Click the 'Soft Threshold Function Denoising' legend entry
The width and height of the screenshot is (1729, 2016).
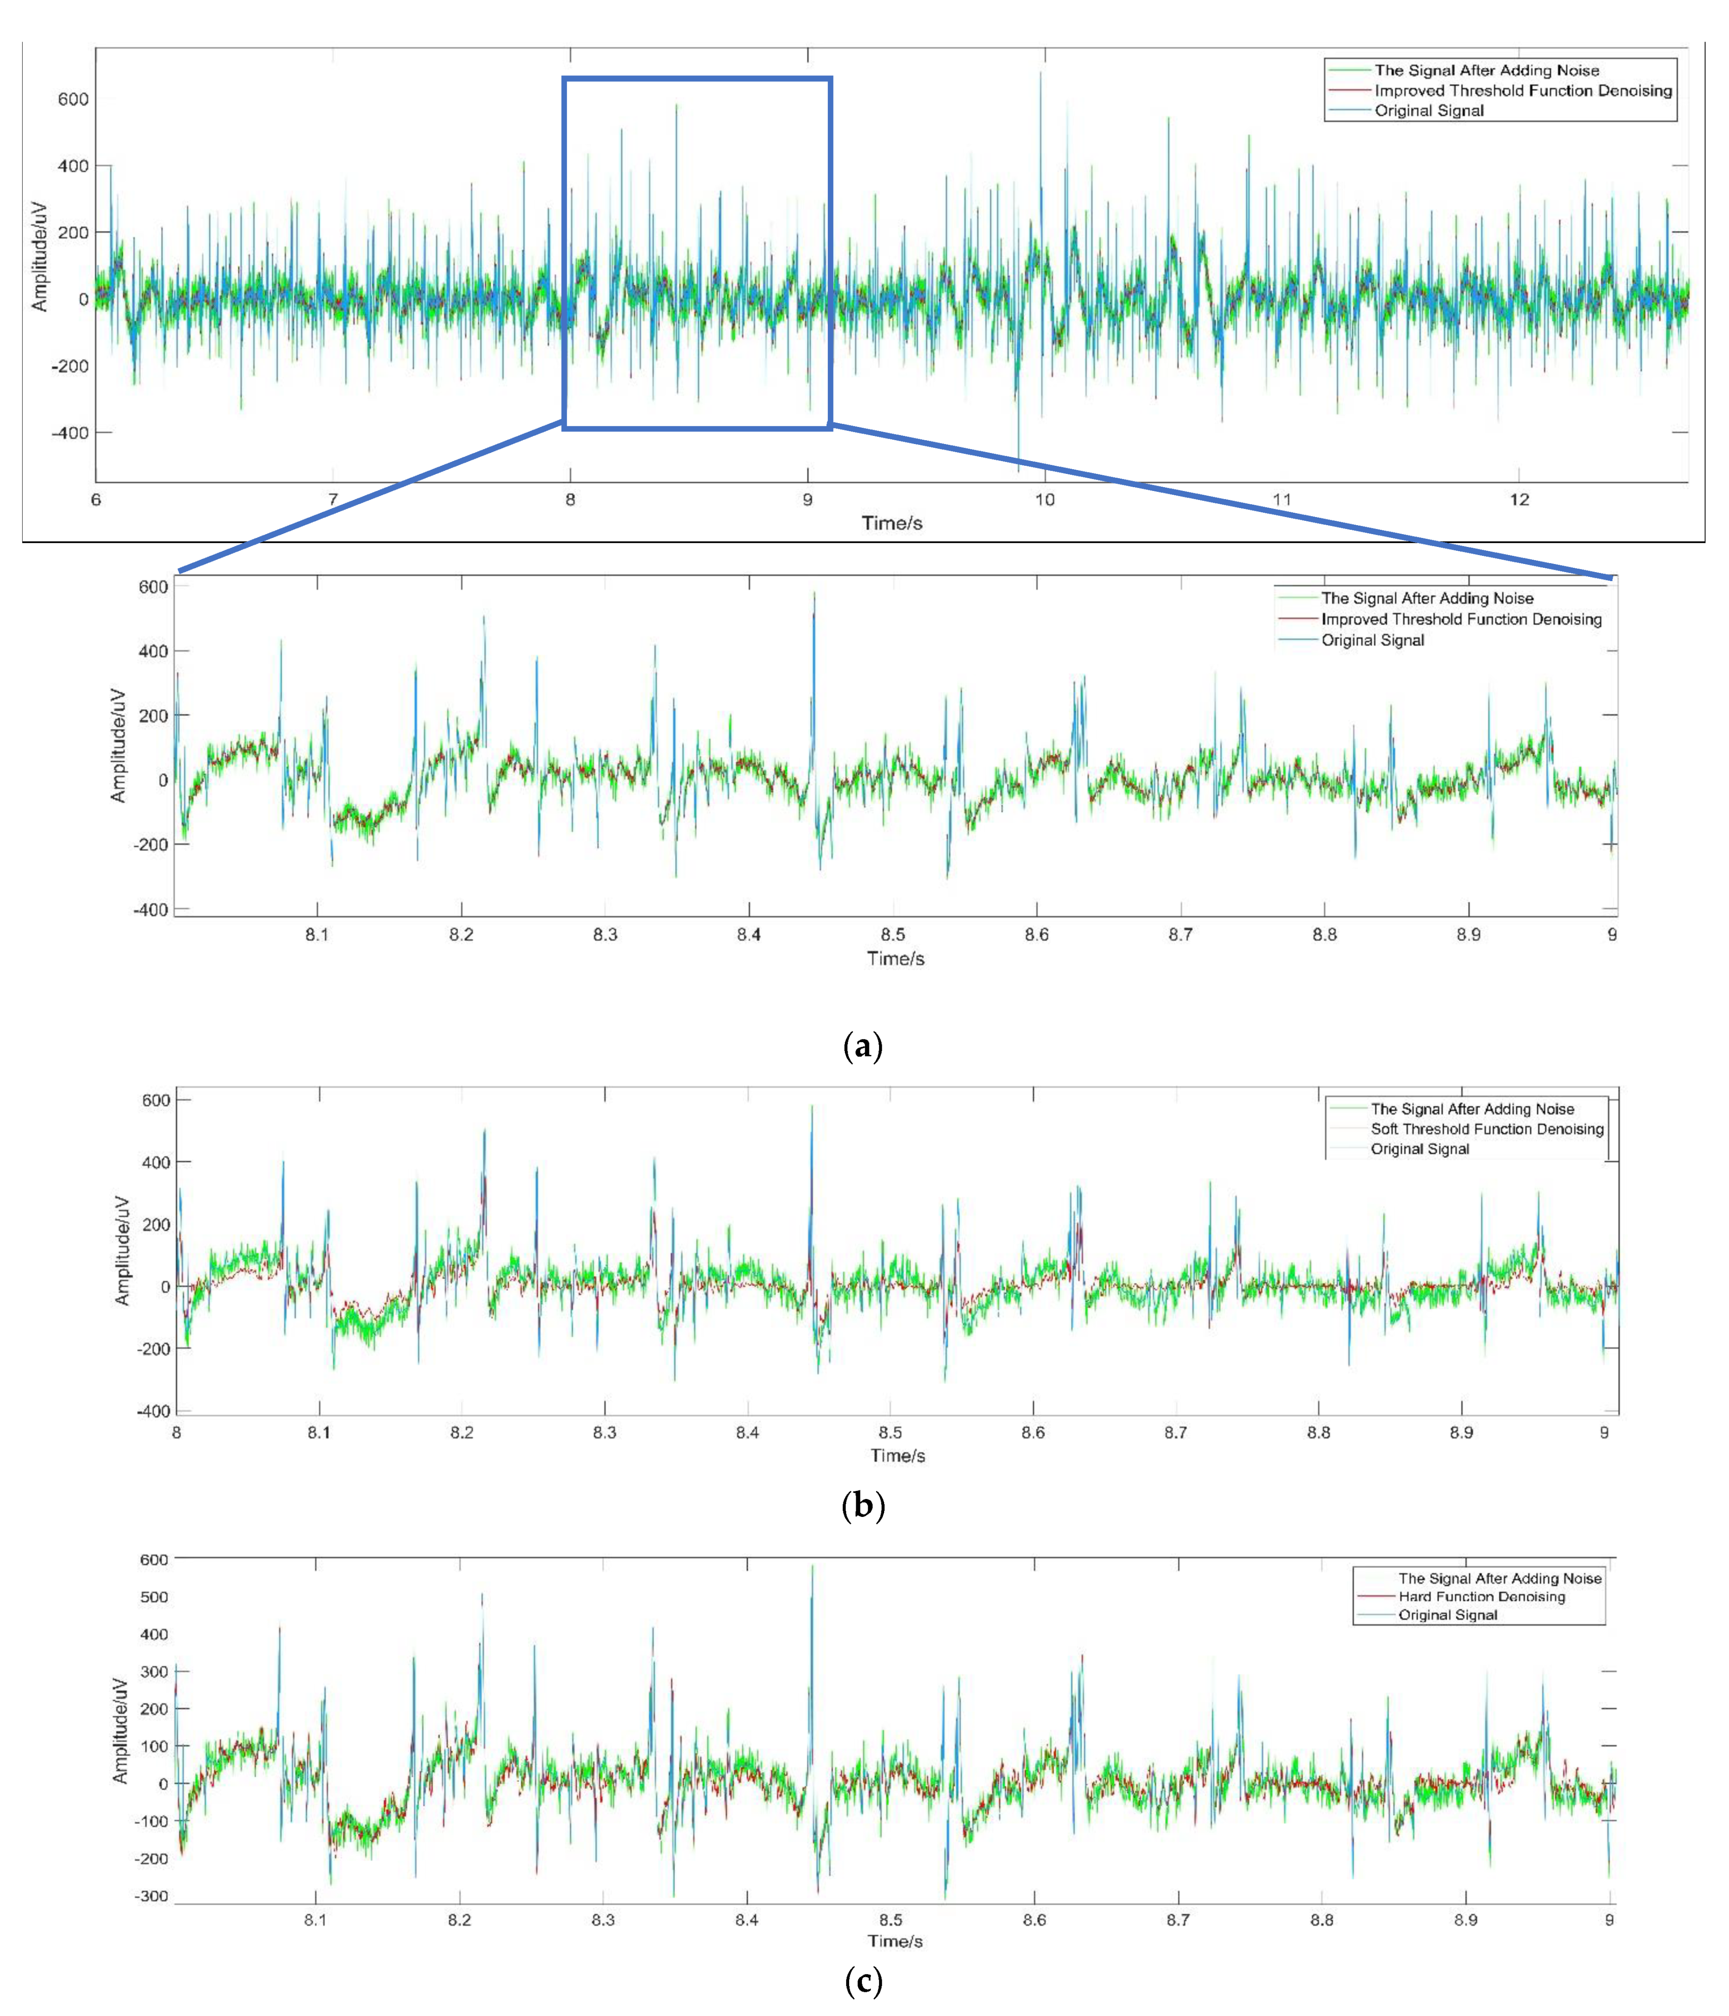(x=1487, y=1128)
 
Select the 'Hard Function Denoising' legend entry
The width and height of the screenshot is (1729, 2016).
(x=1481, y=1597)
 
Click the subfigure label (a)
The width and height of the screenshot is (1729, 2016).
(x=862, y=1047)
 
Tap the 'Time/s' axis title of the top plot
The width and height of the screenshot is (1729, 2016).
(x=891, y=524)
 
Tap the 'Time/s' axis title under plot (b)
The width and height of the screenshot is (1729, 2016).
(x=897, y=1456)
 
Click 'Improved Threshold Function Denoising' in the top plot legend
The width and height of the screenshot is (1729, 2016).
(x=1523, y=91)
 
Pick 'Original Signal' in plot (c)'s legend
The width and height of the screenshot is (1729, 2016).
(x=1448, y=1615)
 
